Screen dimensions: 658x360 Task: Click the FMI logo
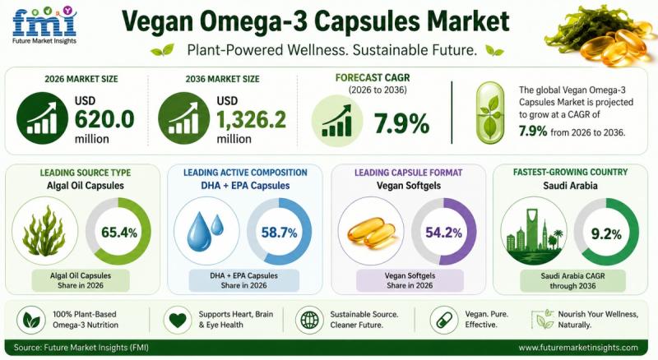44,25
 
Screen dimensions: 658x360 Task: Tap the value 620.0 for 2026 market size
104,119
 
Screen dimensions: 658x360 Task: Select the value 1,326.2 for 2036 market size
251,119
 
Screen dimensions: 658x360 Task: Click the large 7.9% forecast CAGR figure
401,123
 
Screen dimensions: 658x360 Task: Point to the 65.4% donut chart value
119,232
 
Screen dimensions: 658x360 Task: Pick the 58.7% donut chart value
279,232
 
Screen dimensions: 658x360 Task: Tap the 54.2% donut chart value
443,232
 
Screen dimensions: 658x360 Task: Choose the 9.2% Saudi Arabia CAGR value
606,233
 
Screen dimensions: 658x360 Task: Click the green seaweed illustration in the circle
44,231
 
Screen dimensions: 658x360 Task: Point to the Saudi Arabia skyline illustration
534,235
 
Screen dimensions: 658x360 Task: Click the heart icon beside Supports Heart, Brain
177,320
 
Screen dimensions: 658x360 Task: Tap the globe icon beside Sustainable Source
309,320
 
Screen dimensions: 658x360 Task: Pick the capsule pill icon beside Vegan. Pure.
444,320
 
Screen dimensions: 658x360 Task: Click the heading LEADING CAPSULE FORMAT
408,173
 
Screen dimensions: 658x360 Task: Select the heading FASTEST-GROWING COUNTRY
570,172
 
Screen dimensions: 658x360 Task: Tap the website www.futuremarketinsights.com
578,348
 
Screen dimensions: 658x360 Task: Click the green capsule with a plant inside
489,113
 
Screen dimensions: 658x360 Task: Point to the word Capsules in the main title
366,22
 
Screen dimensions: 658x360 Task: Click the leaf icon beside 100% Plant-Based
31,320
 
